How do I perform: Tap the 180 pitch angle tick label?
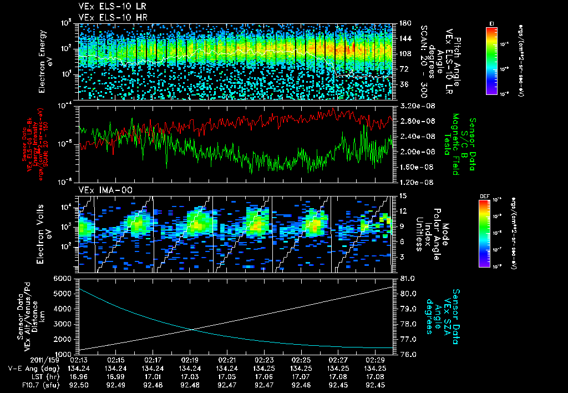404,23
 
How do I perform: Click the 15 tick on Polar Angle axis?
403,196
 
